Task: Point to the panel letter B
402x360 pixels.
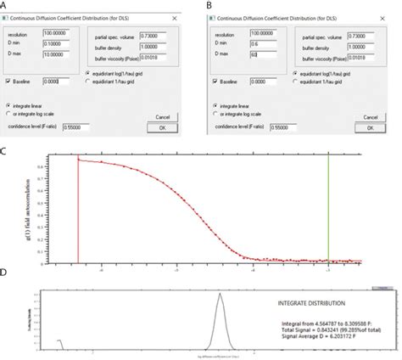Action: point(209,5)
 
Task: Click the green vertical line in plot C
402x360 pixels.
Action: point(329,212)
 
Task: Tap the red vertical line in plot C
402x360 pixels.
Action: point(78,212)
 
